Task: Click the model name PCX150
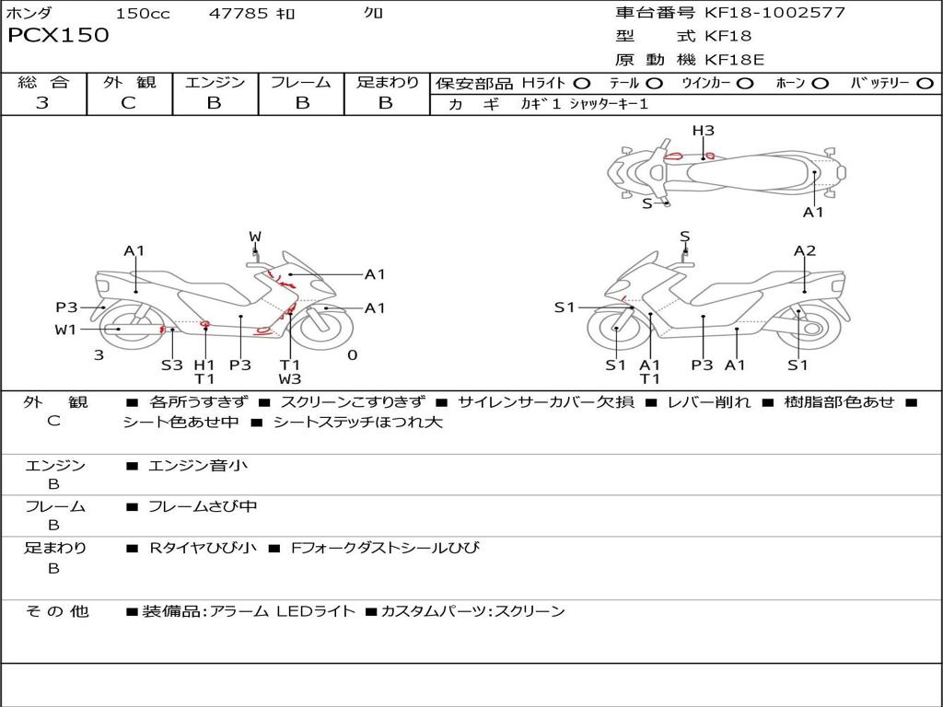coord(58,35)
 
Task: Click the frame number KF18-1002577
coord(774,12)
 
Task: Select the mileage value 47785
coord(238,13)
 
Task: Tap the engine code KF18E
coord(734,60)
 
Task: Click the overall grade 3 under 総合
coord(42,102)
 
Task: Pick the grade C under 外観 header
coord(129,102)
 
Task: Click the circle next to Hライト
coord(582,84)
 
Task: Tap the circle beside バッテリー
coord(926,84)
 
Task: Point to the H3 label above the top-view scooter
coord(703,131)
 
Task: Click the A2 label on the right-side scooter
coord(805,250)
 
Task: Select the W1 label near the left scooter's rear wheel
coord(65,330)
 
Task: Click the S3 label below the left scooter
coord(172,365)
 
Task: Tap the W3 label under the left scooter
coord(290,379)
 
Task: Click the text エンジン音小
coord(198,465)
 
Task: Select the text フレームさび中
coord(203,506)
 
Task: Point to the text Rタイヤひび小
coord(204,548)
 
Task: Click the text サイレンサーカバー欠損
coord(546,402)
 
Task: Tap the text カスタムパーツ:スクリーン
coord(473,611)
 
